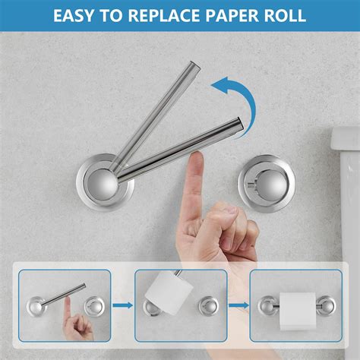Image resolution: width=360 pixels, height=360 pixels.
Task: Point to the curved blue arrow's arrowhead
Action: coord(219,86)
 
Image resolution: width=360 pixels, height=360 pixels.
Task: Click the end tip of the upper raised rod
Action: coord(195,65)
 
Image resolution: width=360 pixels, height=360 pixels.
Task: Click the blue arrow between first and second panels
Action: coord(123,305)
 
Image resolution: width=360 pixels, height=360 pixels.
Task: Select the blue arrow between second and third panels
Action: coord(238,305)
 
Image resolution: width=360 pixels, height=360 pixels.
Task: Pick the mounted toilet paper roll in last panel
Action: coord(298,311)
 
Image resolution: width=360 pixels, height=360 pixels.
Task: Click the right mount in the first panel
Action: coord(94,307)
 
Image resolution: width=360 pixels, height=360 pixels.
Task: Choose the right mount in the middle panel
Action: coord(209,306)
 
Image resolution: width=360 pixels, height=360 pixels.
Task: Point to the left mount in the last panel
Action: coord(268,305)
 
